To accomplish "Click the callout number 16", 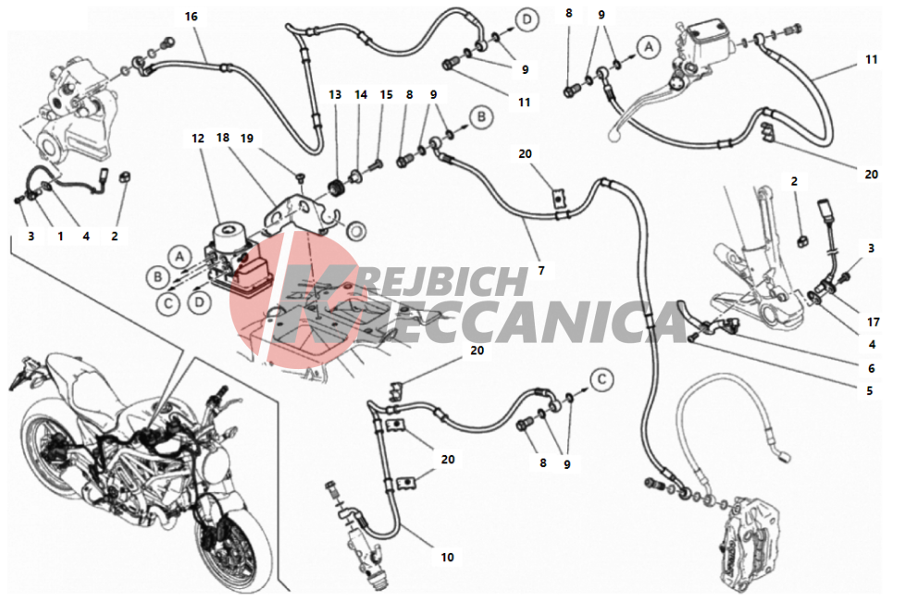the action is pos(192,17).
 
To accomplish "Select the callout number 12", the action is pos(198,138).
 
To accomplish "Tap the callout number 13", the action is pos(335,94).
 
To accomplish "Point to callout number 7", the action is pos(541,270).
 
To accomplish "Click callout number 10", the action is pos(447,557).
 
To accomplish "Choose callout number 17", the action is pos(874,322).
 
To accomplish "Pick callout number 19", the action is pos(247,138).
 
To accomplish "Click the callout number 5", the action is pos(870,390).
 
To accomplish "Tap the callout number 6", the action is pos(872,368).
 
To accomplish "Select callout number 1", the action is pos(60,236).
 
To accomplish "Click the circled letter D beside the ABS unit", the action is pos(200,301).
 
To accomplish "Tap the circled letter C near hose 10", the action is pos(601,380).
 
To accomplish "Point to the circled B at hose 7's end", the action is pos(481,117).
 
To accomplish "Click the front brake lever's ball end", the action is pos(613,135).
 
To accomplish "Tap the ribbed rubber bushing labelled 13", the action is pos(336,189).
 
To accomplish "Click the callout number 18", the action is pos(223,138).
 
